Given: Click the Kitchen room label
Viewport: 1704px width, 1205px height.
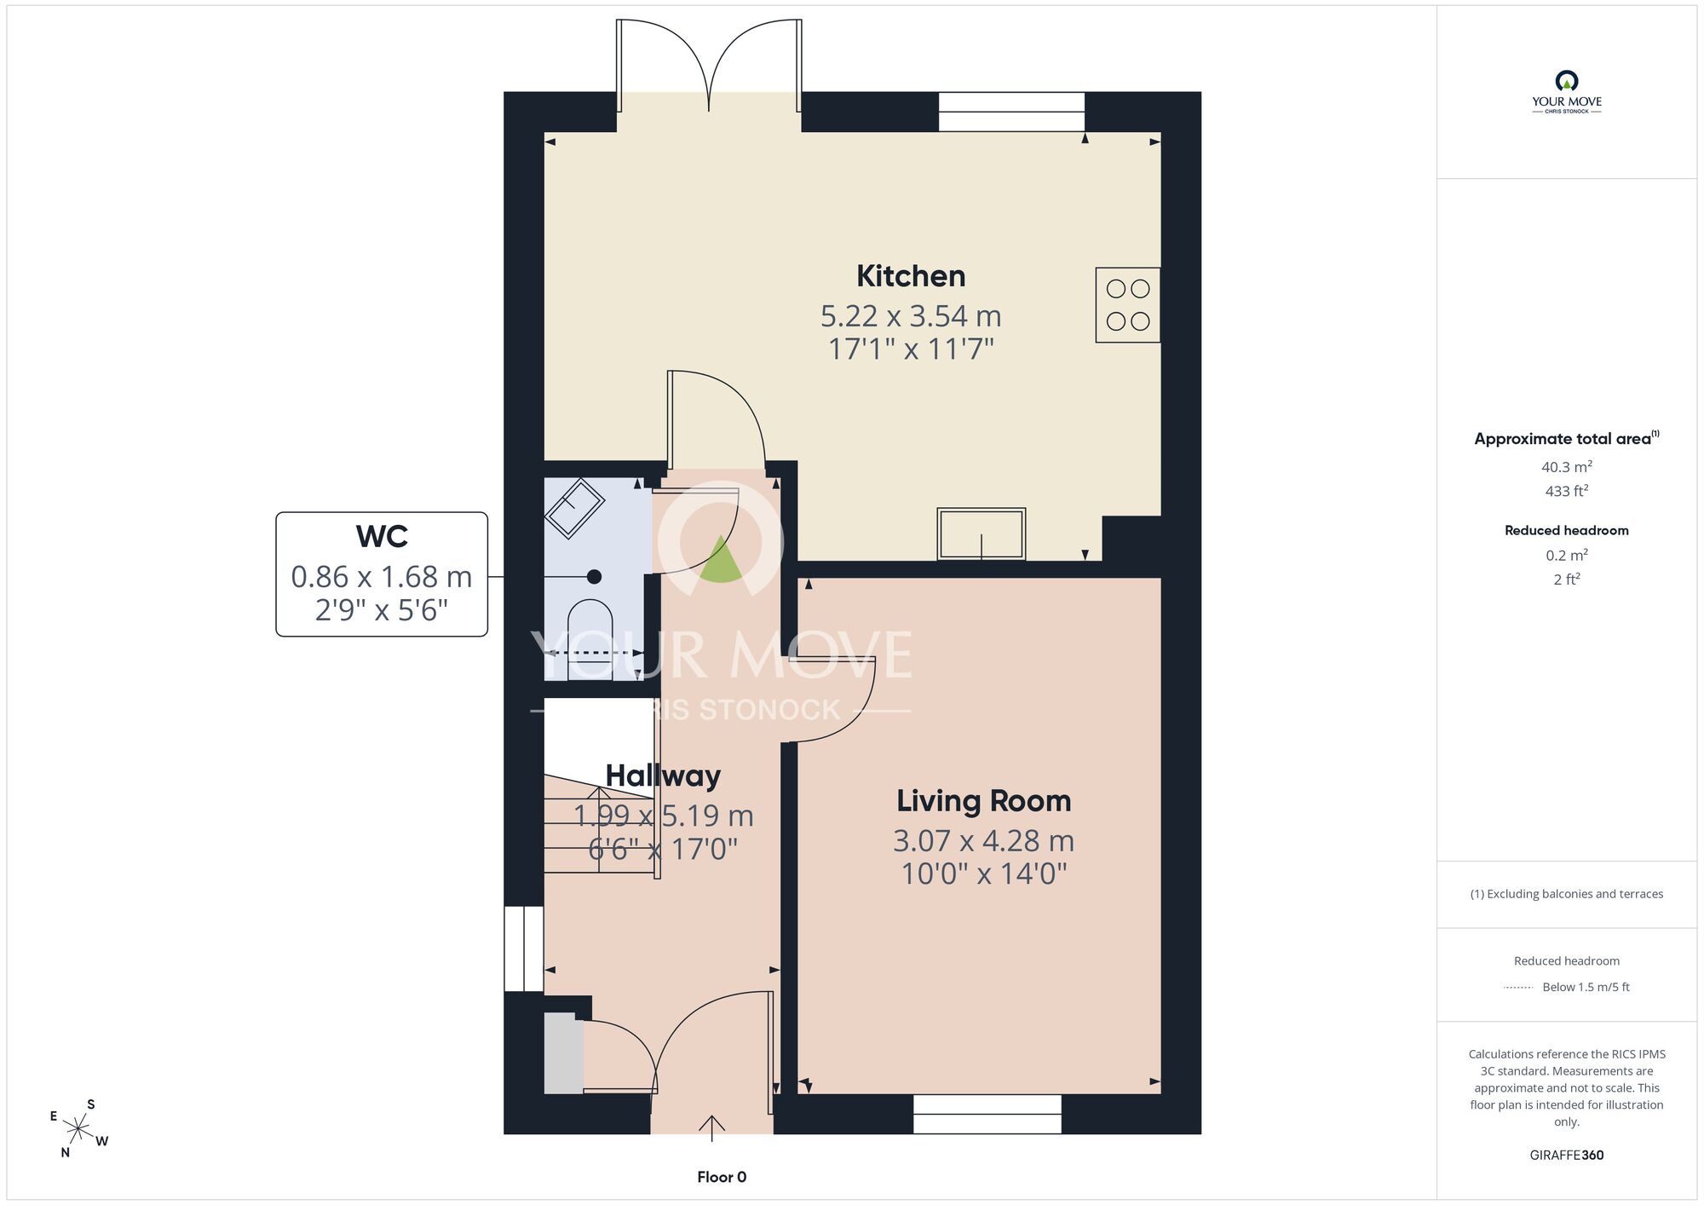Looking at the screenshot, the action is [x=911, y=276].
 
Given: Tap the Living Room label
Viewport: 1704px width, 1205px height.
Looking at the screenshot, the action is [x=983, y=801].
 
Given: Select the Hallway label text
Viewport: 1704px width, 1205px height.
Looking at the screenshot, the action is [x=663, y=775].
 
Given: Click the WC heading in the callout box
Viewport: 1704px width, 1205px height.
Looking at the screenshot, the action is [x=382, y=536].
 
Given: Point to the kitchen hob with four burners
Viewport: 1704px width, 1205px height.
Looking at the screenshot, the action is [x=1128, y=305].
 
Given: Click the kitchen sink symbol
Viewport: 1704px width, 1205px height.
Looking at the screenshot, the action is [x=982, y=534].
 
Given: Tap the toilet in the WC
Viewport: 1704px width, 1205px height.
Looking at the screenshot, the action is [x=590, y=640].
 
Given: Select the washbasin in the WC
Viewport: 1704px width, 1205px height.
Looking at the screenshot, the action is [x=576, y=509].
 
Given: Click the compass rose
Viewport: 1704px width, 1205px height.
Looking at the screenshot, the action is [x=78, y=1129].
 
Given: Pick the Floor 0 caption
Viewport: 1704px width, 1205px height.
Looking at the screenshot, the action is [x=722, y=1177].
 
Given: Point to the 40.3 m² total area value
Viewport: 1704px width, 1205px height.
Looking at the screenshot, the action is [x=1567, y=467].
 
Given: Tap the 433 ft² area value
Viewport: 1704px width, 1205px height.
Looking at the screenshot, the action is [x=1567, y=491].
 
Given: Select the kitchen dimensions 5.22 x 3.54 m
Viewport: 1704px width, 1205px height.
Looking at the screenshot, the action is [x=911, y=316].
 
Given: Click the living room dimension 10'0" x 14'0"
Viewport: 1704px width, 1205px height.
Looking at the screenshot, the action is [x=984, y=873].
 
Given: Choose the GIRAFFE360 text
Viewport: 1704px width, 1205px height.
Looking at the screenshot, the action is [x=1567, y=1156].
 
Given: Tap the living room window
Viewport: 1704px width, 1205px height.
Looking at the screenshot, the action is [x=987, y=1114].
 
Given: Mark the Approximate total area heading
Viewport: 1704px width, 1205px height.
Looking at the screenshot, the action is [x=1567, y=439].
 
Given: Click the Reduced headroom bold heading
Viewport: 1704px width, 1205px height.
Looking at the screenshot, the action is [x=1567, y=530].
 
